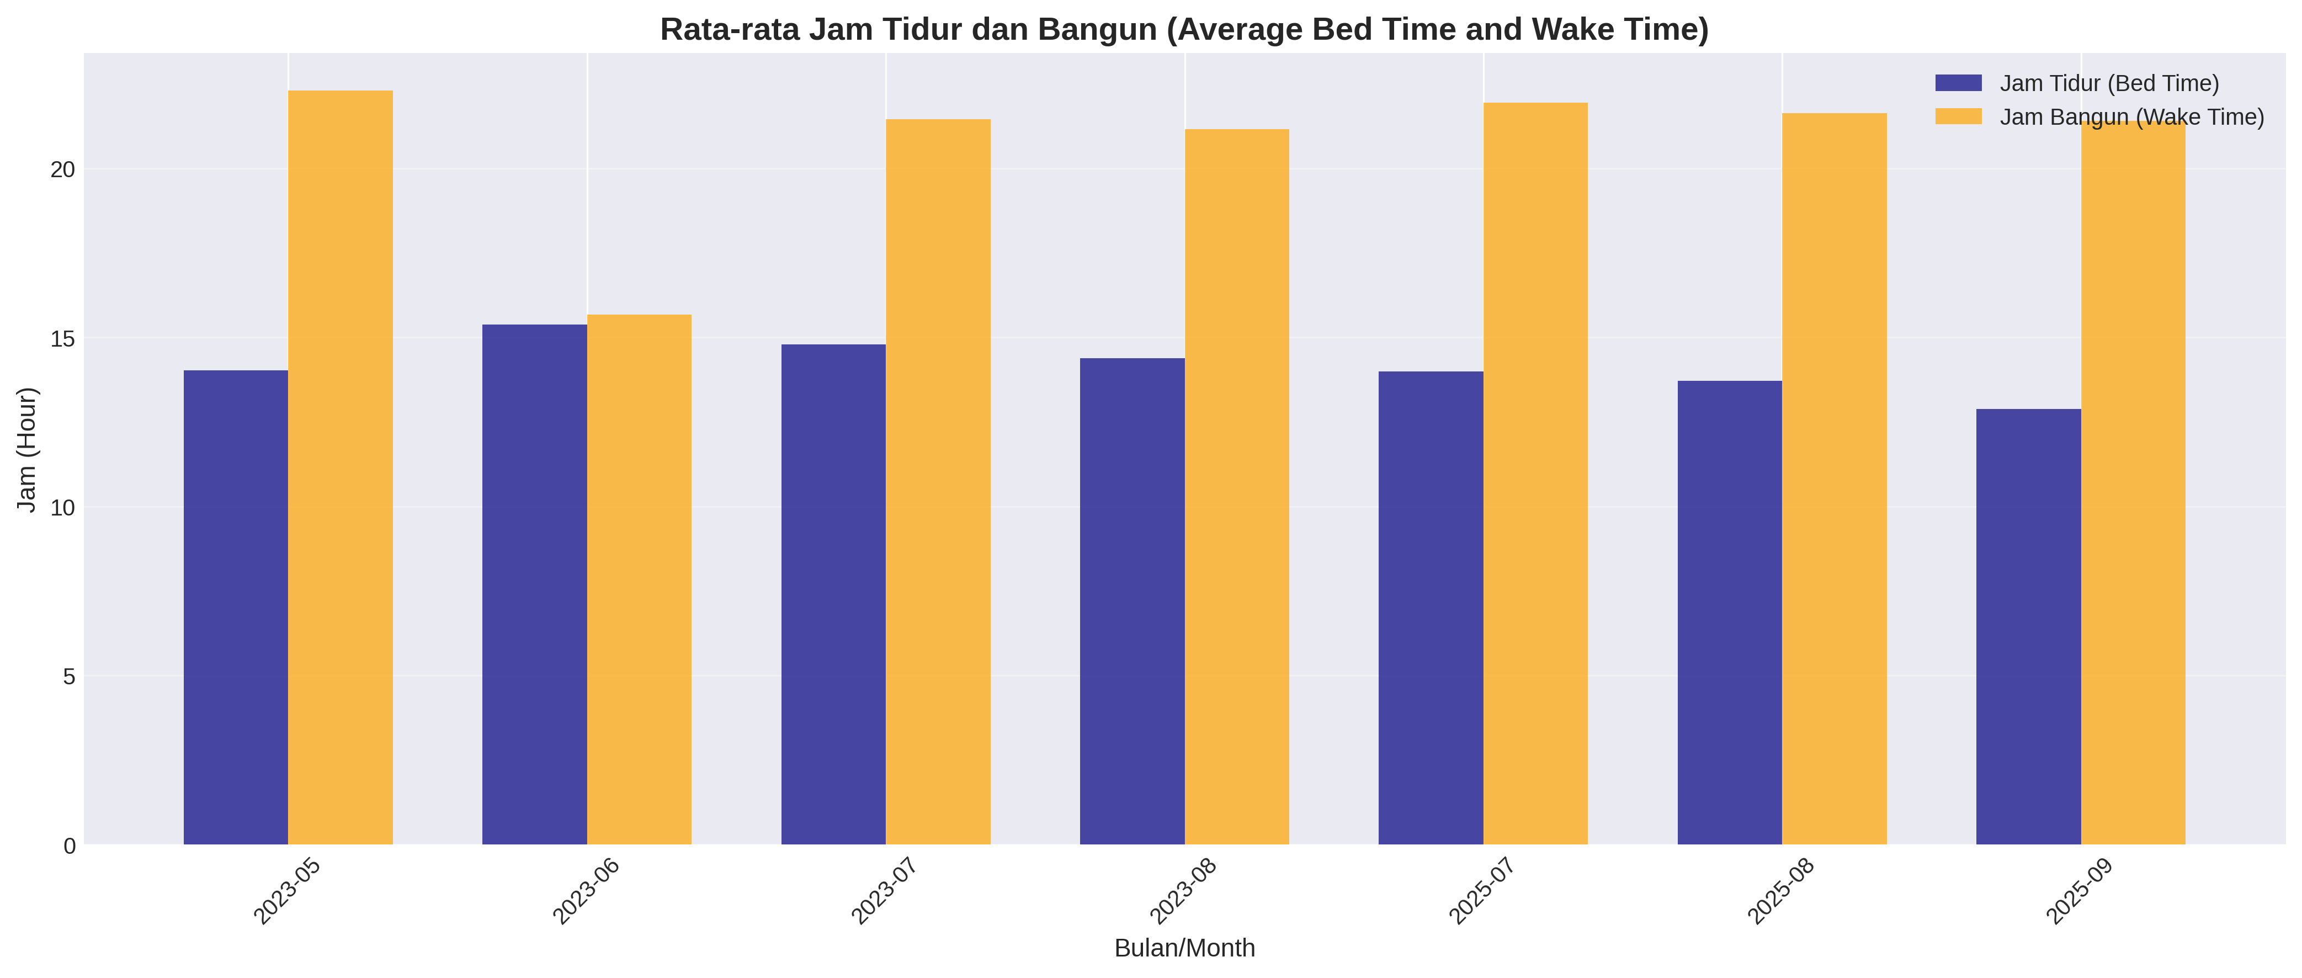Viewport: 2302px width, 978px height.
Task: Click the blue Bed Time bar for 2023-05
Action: click(236, 607)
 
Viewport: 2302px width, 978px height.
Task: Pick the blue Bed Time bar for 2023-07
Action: click(833, 594)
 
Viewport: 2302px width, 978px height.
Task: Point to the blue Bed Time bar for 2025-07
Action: click(1431, 608)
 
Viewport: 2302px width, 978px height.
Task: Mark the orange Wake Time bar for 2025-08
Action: click(1835, 479)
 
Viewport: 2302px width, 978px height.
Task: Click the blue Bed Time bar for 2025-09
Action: click(2029, 626)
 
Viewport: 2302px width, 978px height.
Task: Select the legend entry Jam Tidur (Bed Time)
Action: click(2109, 83)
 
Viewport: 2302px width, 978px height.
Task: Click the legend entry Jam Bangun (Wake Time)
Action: click(2131, 117)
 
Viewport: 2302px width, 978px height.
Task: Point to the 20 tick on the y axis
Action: click(62, 169)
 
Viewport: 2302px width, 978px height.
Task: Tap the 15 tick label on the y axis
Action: click(62, 338)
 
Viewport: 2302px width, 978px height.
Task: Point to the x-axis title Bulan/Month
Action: click(1184, 948)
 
